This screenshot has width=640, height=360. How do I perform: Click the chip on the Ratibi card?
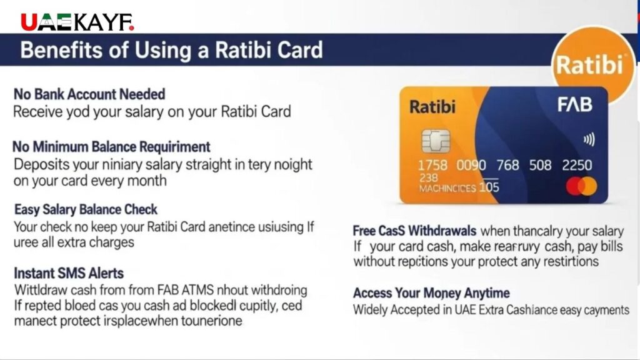(x=435, y=142)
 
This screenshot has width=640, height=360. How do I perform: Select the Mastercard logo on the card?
(x=581, y=186)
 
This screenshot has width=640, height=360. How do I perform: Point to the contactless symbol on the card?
(x=588, y=140)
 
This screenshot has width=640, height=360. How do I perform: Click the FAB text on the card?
(x=574, y=105)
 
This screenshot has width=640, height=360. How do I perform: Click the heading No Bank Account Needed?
(x=89, y=94)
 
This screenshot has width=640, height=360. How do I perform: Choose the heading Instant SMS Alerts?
(x=69, y=273)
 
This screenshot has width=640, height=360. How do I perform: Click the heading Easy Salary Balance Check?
(x=86, y=209)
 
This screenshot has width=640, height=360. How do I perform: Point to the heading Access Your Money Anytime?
(x=431, y=293)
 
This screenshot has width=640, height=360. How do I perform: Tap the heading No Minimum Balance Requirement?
(x=112, y=147)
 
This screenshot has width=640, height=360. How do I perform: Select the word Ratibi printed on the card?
(x=432, y=107)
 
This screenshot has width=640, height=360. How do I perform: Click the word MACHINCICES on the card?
(x=447, y=188)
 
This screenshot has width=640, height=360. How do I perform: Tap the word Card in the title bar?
(x=296, y=50)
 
